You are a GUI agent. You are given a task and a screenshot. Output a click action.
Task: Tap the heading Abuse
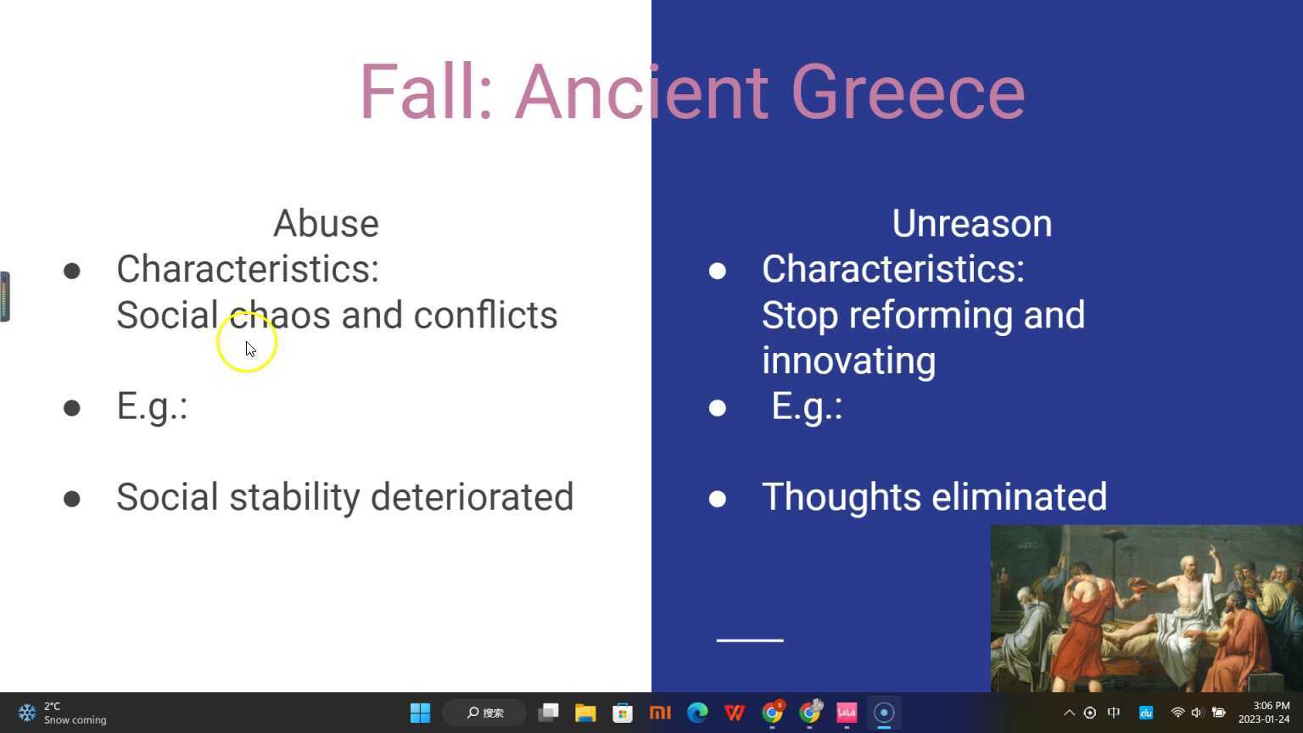point(326,224)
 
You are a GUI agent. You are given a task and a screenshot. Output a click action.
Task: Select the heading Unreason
point(971,224)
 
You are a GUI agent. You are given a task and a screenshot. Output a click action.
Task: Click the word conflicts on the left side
point(485,316)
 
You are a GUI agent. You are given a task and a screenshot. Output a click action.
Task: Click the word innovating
point(848,361)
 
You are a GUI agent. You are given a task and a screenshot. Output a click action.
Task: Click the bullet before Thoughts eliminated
point(718,498)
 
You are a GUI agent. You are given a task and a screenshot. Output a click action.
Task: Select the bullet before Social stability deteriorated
point(72,498)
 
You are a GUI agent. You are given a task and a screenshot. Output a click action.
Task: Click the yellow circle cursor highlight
point(247,342)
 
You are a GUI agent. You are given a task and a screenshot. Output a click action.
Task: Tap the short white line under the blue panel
point(750,641)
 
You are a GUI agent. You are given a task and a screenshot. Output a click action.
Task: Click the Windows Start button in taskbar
point(420,713)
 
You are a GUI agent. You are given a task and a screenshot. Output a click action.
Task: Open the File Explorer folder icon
point(585,713)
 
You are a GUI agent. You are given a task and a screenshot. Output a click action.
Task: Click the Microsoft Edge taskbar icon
point(697,713)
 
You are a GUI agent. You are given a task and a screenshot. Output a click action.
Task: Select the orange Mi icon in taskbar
point(660,713)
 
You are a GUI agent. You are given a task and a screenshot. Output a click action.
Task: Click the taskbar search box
point(485,713)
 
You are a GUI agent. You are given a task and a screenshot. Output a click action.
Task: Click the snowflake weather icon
point(27,713)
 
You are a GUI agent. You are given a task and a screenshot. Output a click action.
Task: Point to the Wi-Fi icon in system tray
point(1177,713)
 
